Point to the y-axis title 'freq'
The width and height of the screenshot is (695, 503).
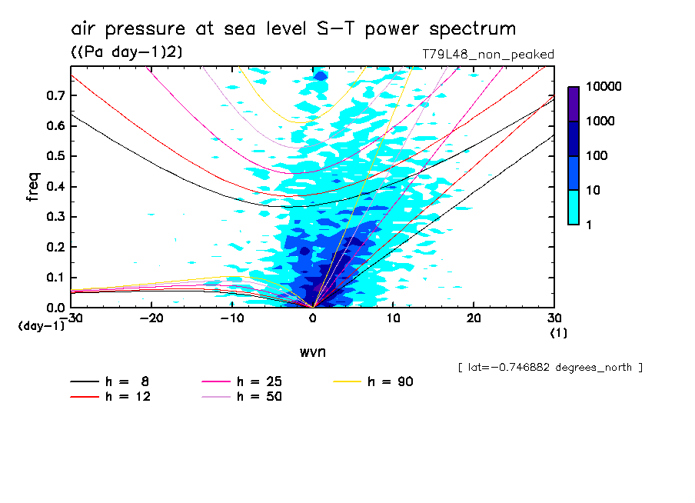click(x=33, y=187)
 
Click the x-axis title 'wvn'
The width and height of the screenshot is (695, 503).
click(x=312, y=351)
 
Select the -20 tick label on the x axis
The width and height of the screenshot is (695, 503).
click(x=152, y=318)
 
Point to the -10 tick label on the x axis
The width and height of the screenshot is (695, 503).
click(x=232, y=318)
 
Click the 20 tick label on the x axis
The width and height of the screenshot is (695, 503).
click(x=474, y=318)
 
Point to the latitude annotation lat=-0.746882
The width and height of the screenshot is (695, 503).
click(x=549, y=368)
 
